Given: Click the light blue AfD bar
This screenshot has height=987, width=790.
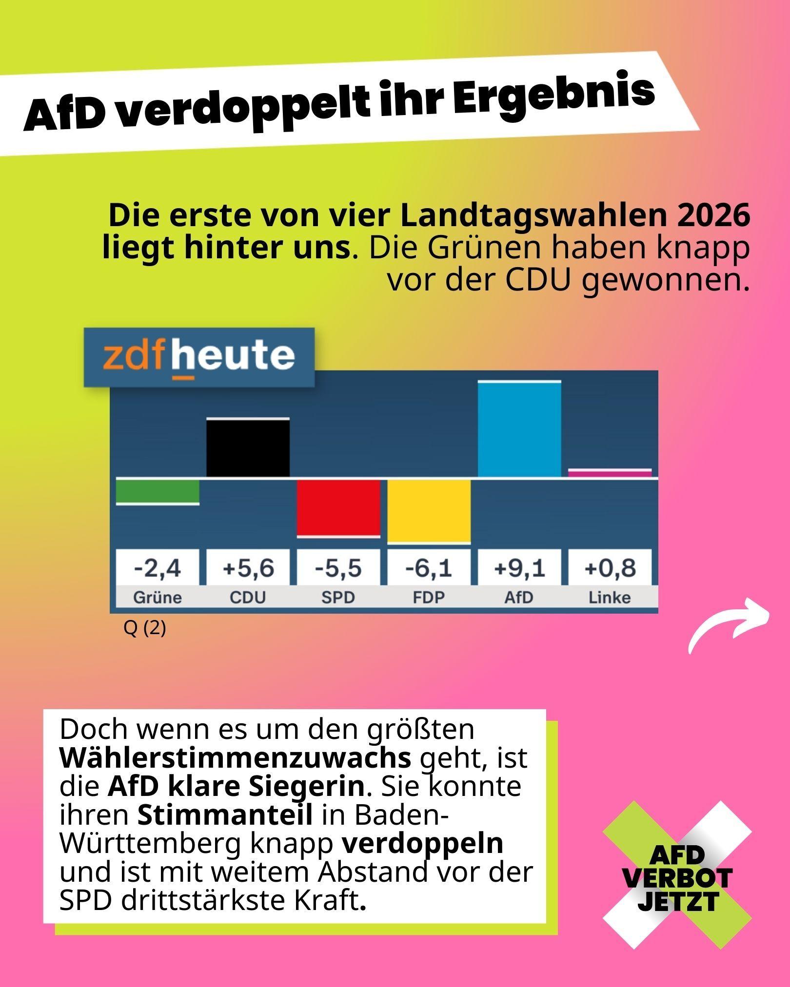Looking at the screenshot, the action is coord(519,429).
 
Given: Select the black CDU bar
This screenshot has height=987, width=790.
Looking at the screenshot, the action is coord(248,447).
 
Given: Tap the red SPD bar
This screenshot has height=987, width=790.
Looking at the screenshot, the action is coord(338,508).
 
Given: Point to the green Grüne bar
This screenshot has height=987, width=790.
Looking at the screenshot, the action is coord(158,492).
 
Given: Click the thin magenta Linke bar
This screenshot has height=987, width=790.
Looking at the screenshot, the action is coord(610,473).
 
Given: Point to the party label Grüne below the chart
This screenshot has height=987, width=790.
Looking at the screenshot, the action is coord(157,598).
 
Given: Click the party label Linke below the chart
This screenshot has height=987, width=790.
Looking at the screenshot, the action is coord(610,598).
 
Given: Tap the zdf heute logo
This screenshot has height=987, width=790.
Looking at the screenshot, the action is coord(199,357).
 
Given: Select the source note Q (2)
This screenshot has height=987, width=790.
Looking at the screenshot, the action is coord(145,629).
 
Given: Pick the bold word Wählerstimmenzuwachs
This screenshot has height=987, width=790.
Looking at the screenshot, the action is coord(235,758).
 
